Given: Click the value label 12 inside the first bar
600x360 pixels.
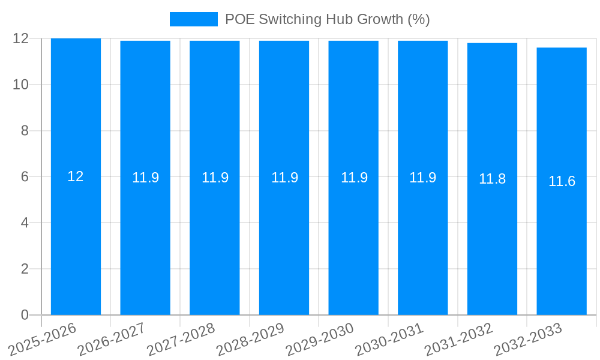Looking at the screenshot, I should pyautogui.click(x=76, y=176).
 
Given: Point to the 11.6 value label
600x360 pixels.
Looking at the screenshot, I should pyautogui.click(x=562, y=181).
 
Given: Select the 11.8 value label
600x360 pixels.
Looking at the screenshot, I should pyautogui.click(x=492, y=179).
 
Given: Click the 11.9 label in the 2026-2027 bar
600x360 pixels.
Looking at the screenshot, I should pyautogui.click(x=145, y=178).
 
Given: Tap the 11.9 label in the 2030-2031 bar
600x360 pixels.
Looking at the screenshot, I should pyautogui.click(x=422, y=178).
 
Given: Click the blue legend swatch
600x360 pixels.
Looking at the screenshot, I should pyautogui.click(x=193, y=19).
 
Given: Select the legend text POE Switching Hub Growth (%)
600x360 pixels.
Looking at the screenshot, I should pyautogui.click(x=327, y=19).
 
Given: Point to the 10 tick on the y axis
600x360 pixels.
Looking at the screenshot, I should pyautogui.click(x=21, y=85).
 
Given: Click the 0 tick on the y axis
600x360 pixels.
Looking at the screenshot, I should pyautogui.click(x=25, y=315).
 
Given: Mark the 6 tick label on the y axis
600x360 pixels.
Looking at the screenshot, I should pyautogui.click(x=25, y=177).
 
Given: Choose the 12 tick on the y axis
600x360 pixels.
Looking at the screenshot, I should pyautogui.click(x=21, y=38).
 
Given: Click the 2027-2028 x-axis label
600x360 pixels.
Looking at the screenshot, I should pyautogui.click(x=181, y=339).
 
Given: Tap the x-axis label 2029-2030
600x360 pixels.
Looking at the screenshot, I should pyautogui.click(x=319, y=339).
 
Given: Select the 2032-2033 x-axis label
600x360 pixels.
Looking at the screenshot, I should pyautogui.click(x=527, y=339).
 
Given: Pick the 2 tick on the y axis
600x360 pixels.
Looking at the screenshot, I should pyautogui.click(x=25, y=269).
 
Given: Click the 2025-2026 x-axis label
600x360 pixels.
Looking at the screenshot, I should pyautogui.click(x=42, y=339).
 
